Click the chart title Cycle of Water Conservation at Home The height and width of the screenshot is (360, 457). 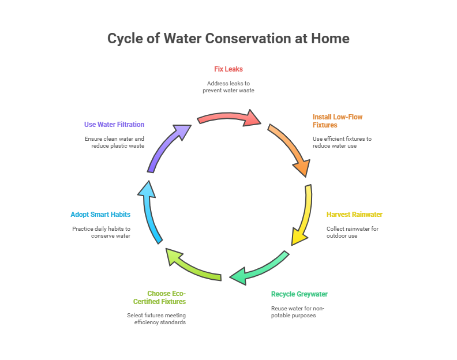coord(228,39)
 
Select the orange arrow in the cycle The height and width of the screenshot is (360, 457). coord(290,149)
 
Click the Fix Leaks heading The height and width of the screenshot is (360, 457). coord(228,69)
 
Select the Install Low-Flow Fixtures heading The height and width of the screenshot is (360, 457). coord(338,121)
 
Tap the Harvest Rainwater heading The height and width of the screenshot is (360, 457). coord(354,215)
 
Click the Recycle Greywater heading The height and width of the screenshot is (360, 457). coord(299,294)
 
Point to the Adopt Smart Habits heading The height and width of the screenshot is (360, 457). coord(100,215)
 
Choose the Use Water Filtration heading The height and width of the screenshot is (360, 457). coord(114,125)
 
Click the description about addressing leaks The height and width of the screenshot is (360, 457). coord(228,87)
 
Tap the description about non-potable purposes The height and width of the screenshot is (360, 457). coord(298,312)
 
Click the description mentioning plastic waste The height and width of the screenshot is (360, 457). coord(114,142)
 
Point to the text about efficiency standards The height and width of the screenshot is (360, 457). coord(156,318)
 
